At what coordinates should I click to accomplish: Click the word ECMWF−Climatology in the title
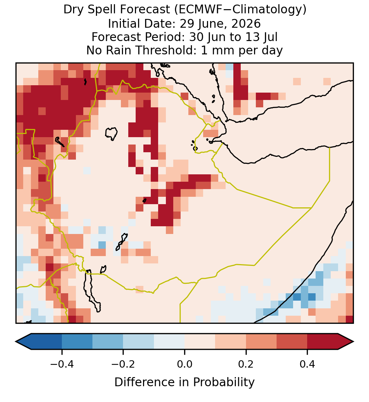[x=240, y=10]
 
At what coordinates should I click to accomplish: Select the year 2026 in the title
[x=246, y=24]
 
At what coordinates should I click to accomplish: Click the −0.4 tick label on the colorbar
[x=61, y=364]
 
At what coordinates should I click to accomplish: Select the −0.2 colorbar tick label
[x=123, y=364]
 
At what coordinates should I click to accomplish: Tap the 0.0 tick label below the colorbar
[x=184, y=364]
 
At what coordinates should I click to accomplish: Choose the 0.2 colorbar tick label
[x=246, y=364]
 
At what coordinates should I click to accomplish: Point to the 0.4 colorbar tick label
[x=307, y=364]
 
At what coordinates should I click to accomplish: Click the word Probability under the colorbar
[x=224, y=382]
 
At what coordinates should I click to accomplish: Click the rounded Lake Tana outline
[x=111, y=134]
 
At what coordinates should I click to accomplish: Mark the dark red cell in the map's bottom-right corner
[x=349, y=319]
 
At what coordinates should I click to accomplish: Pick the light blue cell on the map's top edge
[x=229, y=67]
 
